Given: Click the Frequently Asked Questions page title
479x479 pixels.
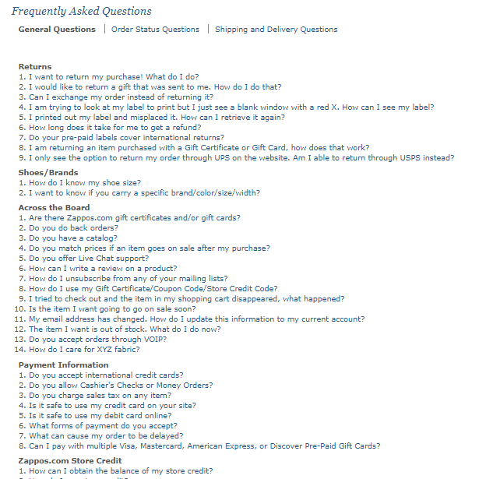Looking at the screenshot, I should (82, 12).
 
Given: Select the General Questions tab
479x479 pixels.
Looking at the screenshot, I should (57, 30).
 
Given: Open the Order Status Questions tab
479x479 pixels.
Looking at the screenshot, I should (155, 30).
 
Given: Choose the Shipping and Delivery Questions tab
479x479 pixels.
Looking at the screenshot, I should (276, 30).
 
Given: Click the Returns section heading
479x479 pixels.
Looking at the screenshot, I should (35, 67).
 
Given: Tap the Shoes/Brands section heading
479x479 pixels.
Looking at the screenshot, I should (48, 173).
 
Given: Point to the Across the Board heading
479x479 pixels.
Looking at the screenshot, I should (54, 208).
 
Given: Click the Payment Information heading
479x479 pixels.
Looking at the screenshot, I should (63, 365).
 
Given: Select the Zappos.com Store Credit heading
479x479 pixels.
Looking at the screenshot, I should (70, 461).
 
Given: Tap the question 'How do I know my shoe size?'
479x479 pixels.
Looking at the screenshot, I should (90, 183).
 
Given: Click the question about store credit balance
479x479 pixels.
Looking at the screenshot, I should (121, 471).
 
